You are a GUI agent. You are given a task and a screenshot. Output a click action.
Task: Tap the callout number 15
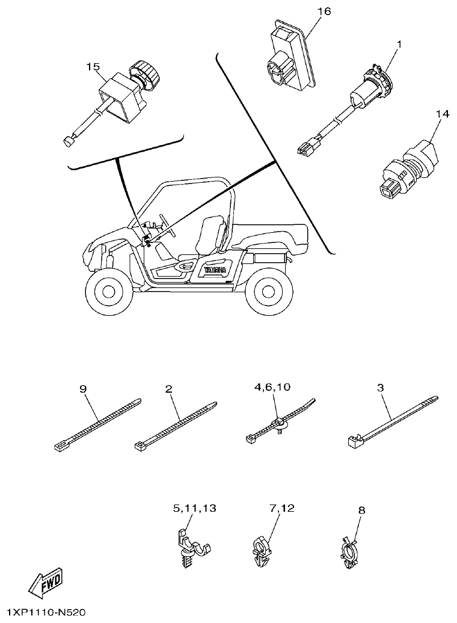[x=93, y=67]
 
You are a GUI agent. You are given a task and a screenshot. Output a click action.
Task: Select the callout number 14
[x=443, y=113]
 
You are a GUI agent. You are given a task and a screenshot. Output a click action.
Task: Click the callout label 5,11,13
[x=195, y=509]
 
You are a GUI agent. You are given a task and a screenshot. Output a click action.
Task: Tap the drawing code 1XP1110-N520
[x=43, y=613]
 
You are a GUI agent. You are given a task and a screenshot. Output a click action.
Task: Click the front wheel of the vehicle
[x=109, y=292]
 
